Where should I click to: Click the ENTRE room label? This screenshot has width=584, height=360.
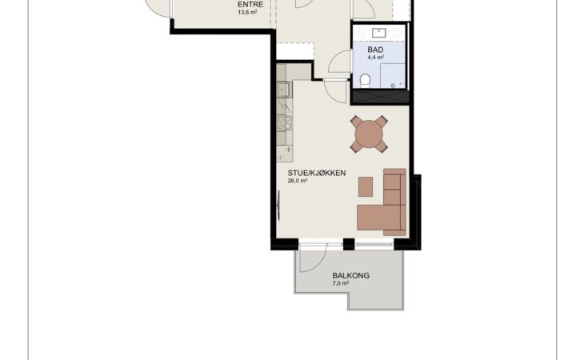coord(250,5)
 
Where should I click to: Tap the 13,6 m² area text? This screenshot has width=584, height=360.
coord(247,12)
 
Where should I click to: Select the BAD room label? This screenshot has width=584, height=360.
coord(375,50)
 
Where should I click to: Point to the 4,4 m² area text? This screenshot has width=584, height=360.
coord(375,58)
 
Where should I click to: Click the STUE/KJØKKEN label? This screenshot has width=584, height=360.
coord(317,173)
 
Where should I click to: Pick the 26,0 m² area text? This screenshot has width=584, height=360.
coord(298,181)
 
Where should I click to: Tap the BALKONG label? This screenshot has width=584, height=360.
coord(351,276)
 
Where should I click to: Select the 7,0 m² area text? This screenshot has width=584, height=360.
coord(341,283)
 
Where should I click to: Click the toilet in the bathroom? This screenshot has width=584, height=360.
coord(366,81)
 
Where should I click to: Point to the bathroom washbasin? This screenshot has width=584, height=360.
coord(379,33)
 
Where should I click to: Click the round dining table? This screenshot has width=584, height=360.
coord(369,134)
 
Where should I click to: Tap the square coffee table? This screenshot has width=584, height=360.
coord(366,187)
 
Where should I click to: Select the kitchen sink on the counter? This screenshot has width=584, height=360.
coord(282,90)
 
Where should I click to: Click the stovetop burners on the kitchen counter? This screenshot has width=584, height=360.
coord(285,123)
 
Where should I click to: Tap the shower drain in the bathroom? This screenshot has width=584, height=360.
coord(393,86)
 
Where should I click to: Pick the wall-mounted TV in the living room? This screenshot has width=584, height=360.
coord(279,206)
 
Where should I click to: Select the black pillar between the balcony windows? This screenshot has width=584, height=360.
coord(349,244)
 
